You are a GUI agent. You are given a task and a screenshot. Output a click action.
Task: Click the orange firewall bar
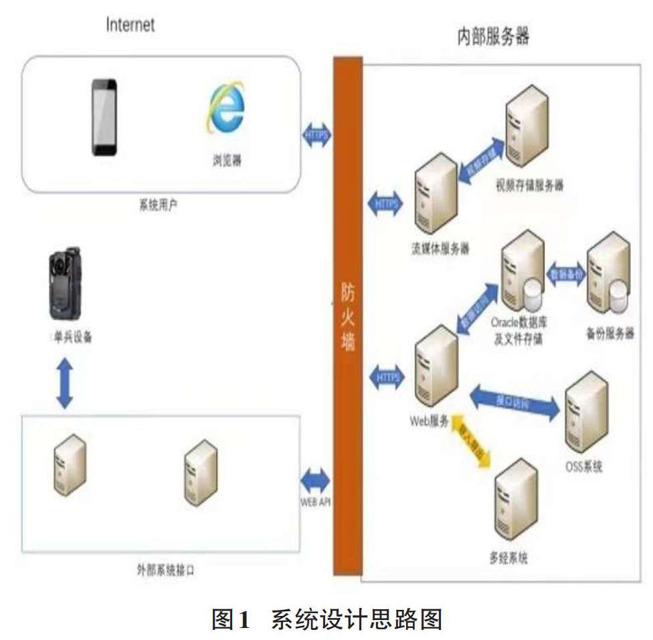click(348, 314)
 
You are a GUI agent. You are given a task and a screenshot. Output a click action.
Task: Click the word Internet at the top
click(130, 25)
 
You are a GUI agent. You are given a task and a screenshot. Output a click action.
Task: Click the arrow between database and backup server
click(567, 274)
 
